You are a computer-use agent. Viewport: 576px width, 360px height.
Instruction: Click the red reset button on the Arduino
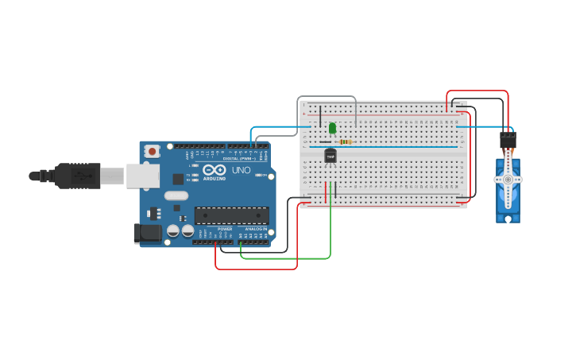(x=152, y=150)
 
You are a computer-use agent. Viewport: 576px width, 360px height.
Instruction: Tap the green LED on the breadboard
(x=332, y=128)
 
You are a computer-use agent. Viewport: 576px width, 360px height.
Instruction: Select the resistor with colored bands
(x=345, y=141)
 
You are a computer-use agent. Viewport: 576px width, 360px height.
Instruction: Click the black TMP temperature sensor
(x=331, y=157)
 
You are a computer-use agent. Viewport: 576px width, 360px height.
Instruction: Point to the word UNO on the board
(x=241, y=170)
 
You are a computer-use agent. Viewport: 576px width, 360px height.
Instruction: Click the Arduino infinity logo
(x=215, y=169)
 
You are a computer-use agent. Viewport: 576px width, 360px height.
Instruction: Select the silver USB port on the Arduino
(x=142, y=176)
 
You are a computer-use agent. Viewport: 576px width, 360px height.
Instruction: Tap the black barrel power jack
(x=146, y=233)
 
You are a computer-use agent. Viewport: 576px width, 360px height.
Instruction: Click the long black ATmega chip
(x=231, y=215)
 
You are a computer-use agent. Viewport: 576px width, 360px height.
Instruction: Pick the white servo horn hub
(x=508, y=180)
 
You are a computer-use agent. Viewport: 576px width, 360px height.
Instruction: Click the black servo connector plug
(x=508, y=140)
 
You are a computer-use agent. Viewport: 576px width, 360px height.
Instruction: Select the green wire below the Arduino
(x=286, y=258)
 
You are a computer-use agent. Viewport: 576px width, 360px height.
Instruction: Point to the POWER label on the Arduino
(x=225, y=229)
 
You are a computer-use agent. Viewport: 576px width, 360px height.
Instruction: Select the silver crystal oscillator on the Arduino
(x=176, y=195)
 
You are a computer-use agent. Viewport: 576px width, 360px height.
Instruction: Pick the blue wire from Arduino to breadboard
(x=278, y=126)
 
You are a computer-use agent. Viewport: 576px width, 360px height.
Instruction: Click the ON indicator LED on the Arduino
(x=258, y=175)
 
